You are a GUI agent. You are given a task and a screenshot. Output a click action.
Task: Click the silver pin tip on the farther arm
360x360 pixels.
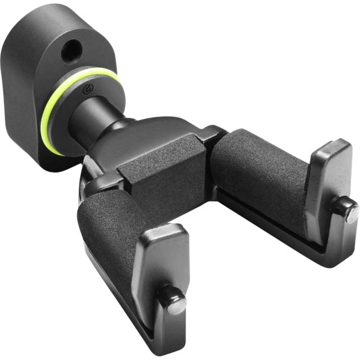coord(352,215)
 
